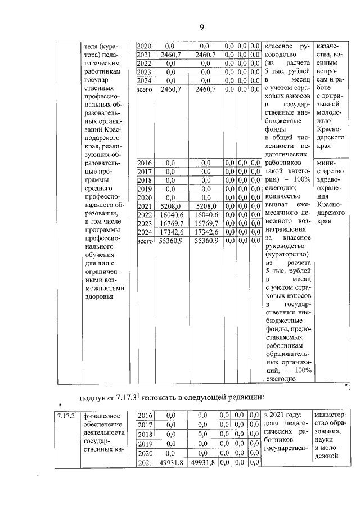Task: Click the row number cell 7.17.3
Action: point(66,416)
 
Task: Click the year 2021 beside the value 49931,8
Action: point(145,462)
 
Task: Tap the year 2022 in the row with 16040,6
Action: point(145,215)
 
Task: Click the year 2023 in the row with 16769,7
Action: point(145,223)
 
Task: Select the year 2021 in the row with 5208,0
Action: point(145,206)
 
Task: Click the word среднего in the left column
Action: point(99,187)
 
